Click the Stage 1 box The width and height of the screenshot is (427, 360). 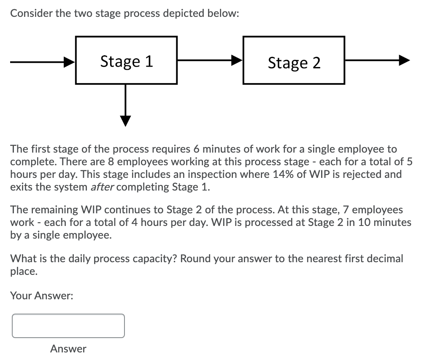click(x=126, y=60)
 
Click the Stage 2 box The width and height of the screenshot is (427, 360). click(x=294, y=60)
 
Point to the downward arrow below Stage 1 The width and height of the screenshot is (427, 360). click(x=125, y=105)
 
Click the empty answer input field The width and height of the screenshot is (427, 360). click(x=68, y=326)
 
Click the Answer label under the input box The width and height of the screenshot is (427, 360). click(x=68, y=349)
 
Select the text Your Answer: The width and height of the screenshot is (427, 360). click(x=42, y=296)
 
